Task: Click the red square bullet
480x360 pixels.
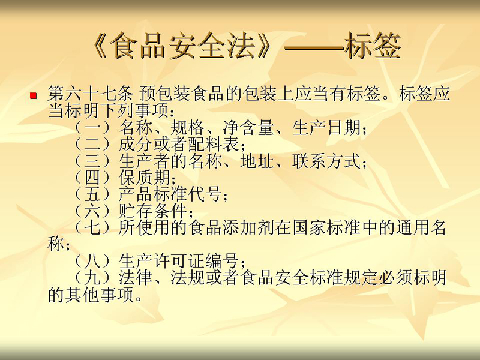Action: click(33, 96)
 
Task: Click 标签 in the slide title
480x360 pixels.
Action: click(373, 46)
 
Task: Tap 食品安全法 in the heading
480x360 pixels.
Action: click(182, 46)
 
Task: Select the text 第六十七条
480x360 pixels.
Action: click(91, 94)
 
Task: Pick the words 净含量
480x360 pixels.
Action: click(248, 127)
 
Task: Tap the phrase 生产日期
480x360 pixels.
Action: click(326, 127)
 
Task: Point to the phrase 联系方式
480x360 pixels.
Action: click(326, 161)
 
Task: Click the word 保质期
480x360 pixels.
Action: click(145, 178)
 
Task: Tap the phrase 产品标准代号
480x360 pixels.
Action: click(170, 194)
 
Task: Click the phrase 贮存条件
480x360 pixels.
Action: click(153, 211)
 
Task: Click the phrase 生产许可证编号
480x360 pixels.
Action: click(179, 261)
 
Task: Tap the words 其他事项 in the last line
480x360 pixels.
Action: click(100, 295)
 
